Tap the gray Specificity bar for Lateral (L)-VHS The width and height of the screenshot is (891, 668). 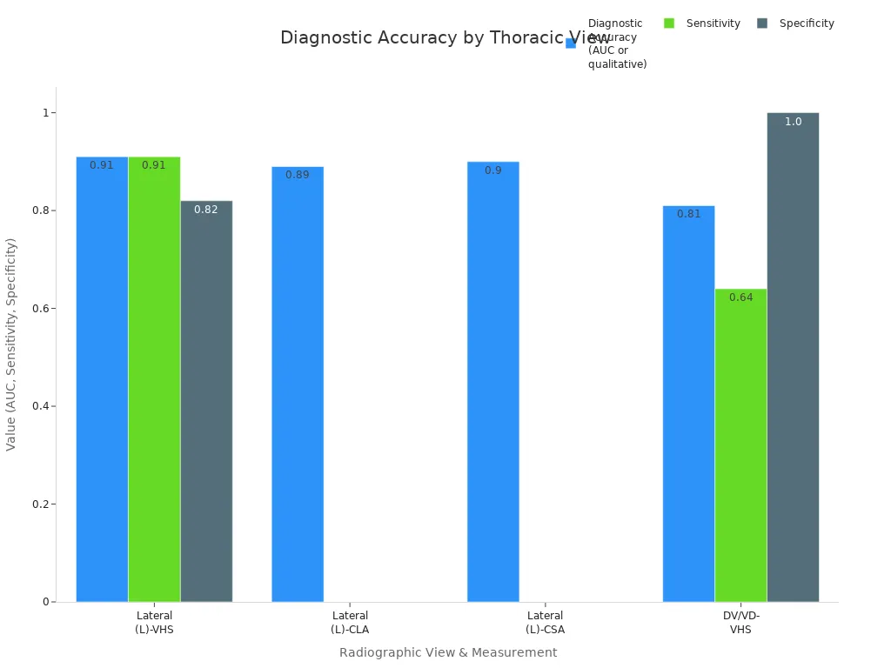(206, 401)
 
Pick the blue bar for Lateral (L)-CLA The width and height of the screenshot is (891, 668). (298, 384)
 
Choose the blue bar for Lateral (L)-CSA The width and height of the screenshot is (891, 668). (493, 382)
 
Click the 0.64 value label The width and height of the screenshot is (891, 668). (740, 297)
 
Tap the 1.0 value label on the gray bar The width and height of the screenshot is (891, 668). (793, 122)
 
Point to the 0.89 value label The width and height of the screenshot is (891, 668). (298, 175)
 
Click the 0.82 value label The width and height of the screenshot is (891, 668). (206, 210)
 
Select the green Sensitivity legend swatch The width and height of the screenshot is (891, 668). (669, 23)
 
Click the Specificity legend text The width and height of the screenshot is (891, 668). (807, 23)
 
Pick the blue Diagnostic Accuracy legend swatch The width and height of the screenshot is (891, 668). (571, 43)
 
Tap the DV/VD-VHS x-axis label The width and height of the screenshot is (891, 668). (740, 623)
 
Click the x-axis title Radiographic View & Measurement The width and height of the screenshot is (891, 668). (448, 652)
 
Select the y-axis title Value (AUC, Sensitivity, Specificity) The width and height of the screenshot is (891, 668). (11, 344)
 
